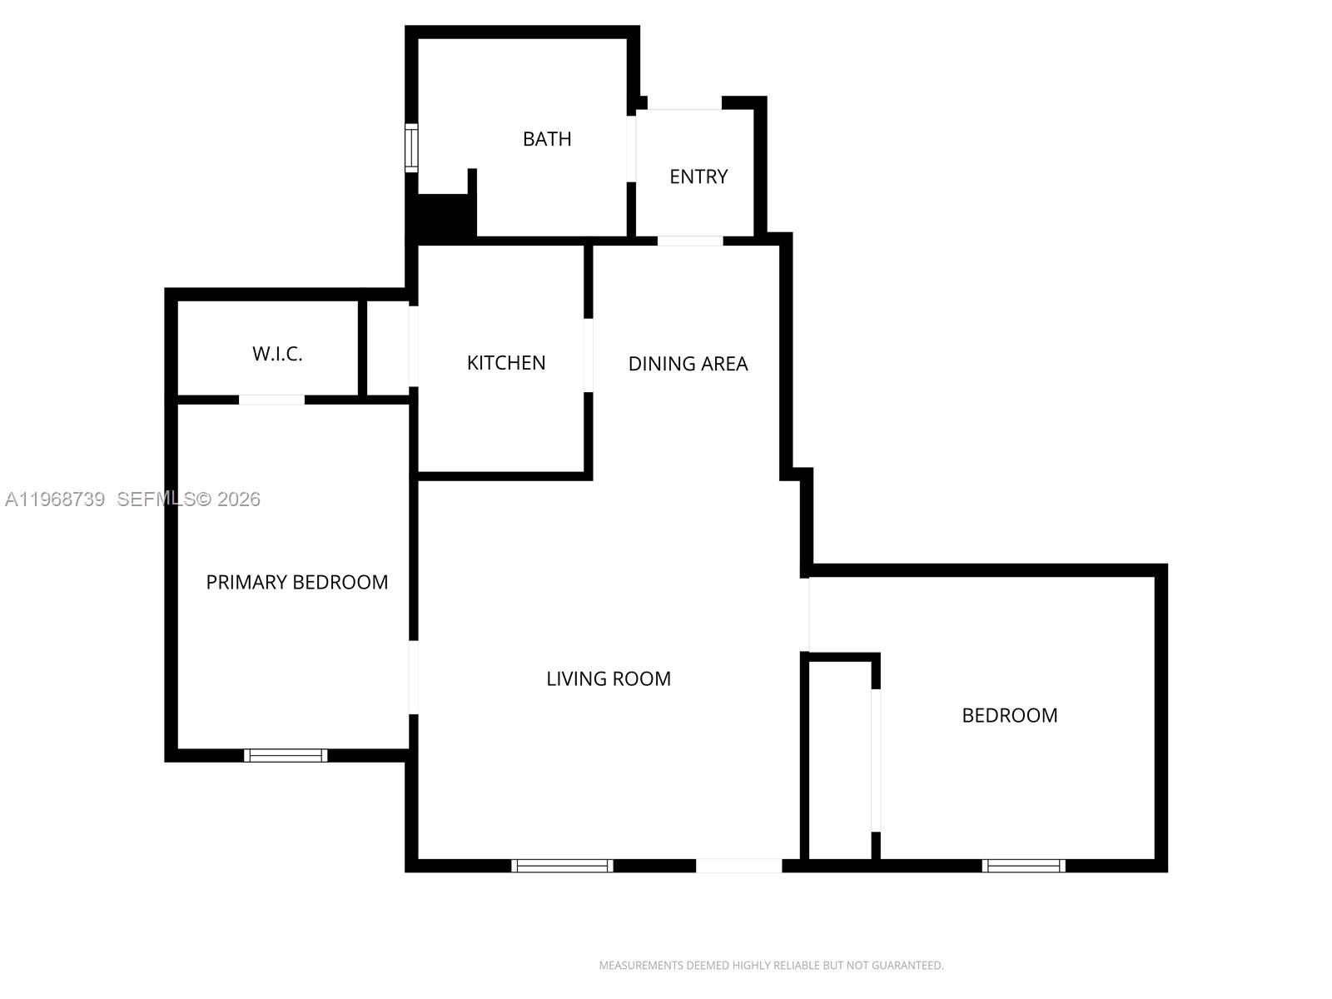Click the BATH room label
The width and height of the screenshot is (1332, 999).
pos(547,139)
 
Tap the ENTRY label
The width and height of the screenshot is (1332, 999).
pos(698,176)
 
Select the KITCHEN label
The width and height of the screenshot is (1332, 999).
pos(506,363)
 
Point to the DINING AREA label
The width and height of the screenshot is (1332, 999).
pos(688,364)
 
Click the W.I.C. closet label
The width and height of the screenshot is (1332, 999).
pos(277,354)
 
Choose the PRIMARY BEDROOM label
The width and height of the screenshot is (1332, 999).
pos(297,582)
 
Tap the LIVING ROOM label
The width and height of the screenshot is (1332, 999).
pos(609,678)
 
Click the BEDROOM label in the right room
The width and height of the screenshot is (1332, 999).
pos(1010,715)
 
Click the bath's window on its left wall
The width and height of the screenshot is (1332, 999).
pos(411,148)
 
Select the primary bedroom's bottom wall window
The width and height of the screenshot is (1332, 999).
pos(286,755)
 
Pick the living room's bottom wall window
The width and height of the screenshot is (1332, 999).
pos(562,866)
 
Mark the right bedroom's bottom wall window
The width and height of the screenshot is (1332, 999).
pos(1023,866)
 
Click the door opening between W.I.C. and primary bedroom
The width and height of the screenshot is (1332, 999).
pos(271,400)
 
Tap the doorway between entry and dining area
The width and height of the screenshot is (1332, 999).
pos(690,241)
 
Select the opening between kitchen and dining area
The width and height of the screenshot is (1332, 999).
pos(588,355)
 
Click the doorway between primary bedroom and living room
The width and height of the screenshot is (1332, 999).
pos(413,677)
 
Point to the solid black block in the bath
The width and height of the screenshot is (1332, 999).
pos(442,216)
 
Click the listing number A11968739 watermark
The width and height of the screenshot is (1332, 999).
pos(55,499)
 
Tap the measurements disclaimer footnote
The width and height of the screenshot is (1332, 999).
pos(771,966)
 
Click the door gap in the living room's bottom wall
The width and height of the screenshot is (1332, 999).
pos(738,866)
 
